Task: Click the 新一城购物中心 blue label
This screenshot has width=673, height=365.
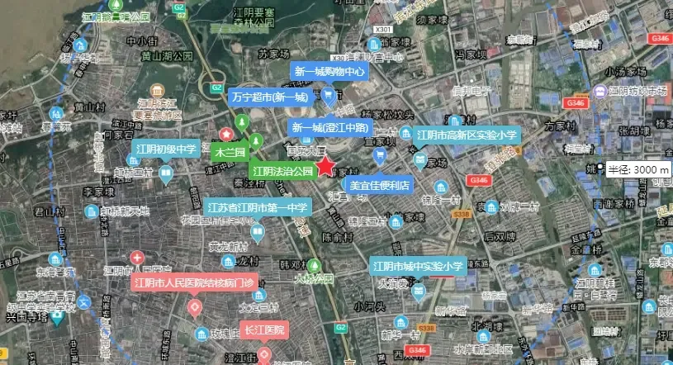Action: (x=329, y=71)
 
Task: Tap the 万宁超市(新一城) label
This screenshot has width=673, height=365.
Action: (x=269, y=97)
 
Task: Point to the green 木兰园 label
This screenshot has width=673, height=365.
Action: (x=230, y=153)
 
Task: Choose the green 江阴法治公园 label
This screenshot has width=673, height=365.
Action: (x=283, y=172)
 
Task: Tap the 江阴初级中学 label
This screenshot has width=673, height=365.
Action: (x=164, y=149)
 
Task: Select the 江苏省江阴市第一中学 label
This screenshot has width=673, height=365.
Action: (x=258, y=207)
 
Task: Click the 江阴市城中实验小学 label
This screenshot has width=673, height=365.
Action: (x=418, y=267)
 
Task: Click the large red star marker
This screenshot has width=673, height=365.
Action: (x=326, y=166)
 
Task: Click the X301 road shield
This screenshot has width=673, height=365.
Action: (x=382, y=31)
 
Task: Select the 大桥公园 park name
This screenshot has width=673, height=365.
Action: (x=314, y=279)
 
